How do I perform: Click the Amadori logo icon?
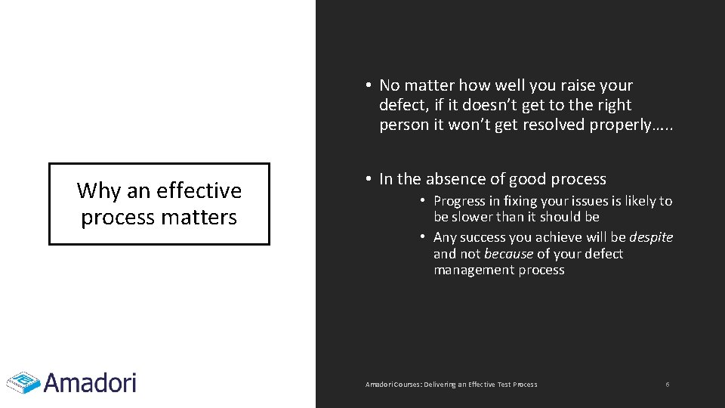23,382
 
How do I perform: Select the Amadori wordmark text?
90,382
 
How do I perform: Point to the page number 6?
668,385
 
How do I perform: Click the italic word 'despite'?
651,237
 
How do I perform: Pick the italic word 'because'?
508,254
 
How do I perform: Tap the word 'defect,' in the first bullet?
405,105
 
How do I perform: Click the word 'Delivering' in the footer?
441,385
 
